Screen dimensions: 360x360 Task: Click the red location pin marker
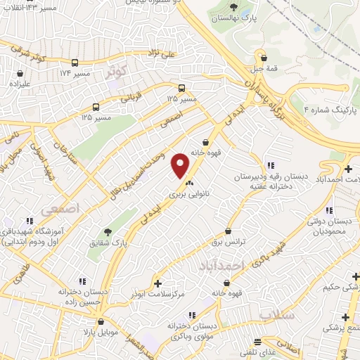tap(181, 165)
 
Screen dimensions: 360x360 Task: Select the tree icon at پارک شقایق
tap(108, 232)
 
